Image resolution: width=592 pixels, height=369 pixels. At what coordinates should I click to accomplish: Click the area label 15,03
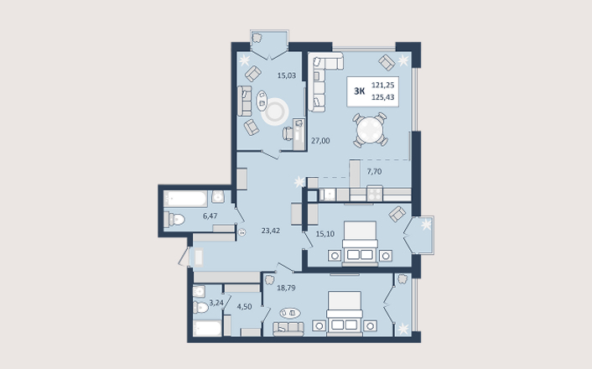(287, 75)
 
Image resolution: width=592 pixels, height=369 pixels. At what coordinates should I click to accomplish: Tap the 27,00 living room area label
(320, 141)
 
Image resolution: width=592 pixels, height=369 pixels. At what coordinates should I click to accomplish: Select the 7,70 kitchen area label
(374, 171)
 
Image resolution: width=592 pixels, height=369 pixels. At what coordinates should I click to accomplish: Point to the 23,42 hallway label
(271, 231)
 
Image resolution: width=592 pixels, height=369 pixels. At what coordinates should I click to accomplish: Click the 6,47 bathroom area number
(210, 216)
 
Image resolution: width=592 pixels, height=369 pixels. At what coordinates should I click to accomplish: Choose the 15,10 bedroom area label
(325, 234)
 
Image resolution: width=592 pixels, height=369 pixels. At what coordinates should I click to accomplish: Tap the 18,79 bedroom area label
(286, 288)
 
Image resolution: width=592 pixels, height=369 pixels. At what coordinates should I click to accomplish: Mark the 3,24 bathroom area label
(216, 303)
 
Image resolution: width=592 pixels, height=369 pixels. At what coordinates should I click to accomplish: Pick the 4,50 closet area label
(244, 307)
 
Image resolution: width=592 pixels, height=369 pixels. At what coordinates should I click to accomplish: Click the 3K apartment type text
(360, 91)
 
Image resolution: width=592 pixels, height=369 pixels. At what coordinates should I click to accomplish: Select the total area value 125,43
(383, 97)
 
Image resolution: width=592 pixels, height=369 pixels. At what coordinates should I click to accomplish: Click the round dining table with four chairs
(370, 129)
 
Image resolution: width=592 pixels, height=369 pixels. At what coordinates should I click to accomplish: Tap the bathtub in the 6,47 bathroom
(185, 199)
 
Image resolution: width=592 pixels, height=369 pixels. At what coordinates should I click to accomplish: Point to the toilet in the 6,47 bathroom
(174, 220)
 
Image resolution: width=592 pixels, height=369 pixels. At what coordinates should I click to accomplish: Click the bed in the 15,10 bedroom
(361, 243)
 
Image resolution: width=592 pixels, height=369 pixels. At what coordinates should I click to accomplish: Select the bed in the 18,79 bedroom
(345, 313)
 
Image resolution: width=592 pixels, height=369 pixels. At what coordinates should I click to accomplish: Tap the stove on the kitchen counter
(375, 194)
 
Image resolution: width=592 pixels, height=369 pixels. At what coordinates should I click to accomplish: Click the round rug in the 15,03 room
(275, 112)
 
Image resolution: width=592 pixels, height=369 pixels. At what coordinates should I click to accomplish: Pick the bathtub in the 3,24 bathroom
(207, 329)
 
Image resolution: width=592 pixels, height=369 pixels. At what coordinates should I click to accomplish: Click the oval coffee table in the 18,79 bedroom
(290, 313)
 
